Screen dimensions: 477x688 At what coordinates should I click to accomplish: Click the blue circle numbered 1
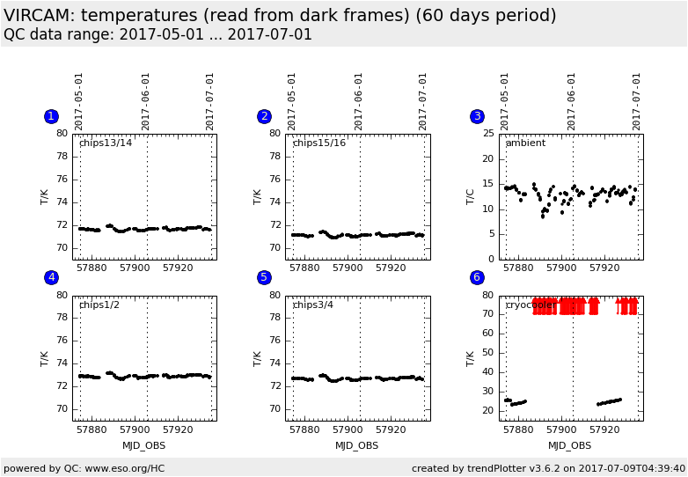[x=51, y=116]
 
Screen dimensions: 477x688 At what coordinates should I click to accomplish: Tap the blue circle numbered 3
[x=477, y=116]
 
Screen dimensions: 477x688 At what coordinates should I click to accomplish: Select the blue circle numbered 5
[x=264, y=277]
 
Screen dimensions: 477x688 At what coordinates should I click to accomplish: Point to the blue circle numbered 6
[x=477, y=277]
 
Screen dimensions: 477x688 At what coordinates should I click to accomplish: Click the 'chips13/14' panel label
[x=106, y=143]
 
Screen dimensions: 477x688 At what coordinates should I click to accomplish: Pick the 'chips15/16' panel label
[x=318, y=143]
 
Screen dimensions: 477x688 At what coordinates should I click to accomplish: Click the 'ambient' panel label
[x=525, y=143]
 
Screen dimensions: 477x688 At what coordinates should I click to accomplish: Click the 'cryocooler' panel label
[x=531, y=305]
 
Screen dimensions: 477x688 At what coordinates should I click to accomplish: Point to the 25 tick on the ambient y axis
[x=489, y=134]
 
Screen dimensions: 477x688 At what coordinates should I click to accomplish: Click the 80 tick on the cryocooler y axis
[x=489, y=296]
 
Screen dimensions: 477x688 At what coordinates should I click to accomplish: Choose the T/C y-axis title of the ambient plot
[x=471, y=196]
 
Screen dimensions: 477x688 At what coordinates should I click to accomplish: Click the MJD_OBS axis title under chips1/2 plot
[x=144, y=445]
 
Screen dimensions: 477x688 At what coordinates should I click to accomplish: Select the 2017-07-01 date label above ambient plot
[x=636, y=101]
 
